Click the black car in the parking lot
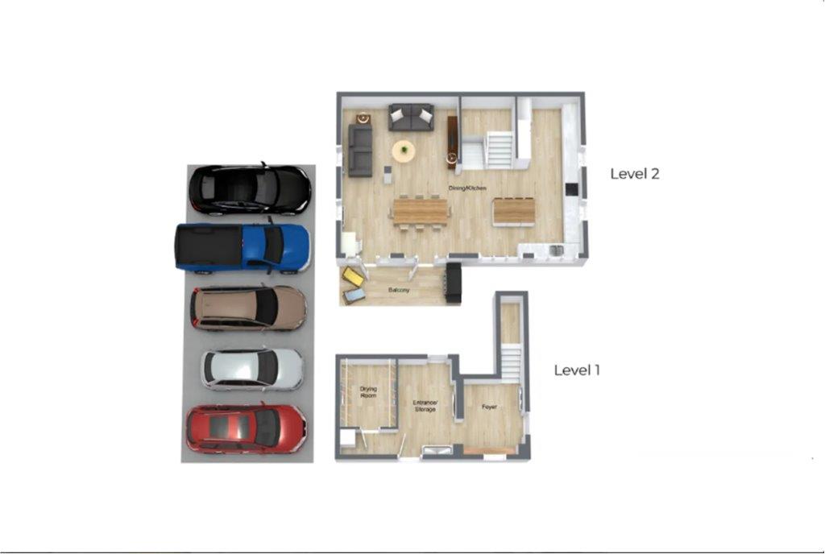pyautogui.click(x=250, y=189)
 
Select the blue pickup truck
pyautogui.click(x=243, y=247)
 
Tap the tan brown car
pyautogui.click(x=248, y=308)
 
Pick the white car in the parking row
pyautogui.click(x=252, y=370)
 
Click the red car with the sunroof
pyautogui.click(x=246, y=429)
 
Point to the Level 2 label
pyautogui.click(x=635, y=174)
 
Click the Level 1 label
pyautogui.click(x=577, y=370)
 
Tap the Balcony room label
pyautogui.click(x=399, y=290)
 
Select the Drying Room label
pyautogui.click(x=368, y=392)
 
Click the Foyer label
pyautogui.click(x=489, y=407)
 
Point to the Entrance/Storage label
pyautogui.click(x=425, y=406)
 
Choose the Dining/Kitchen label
pyautogui.click(x=467, y=188)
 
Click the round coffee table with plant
pyautogui.click(x=404, y=151)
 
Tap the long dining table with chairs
pyautogui.click(x=421, y=211)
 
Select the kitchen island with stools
pyautogui.click(x=513, y=211)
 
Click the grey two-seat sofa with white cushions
pyautogui.click(x=411, y=118)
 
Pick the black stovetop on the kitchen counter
pyautogui.click(x=571, y=189)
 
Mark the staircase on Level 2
pyautogui.click(x=499, y=150)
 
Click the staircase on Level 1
pyautogui.click(x=510, y=362)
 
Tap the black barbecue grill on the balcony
pyautogui.click(x=454, y=283)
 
